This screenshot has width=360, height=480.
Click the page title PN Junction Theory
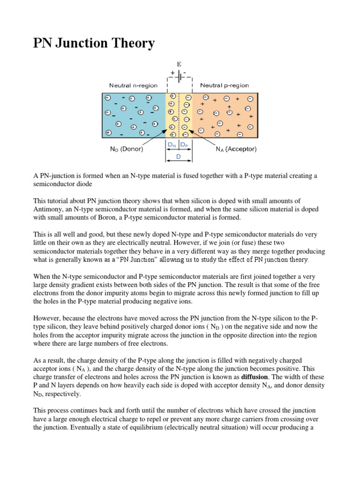pos(94,44)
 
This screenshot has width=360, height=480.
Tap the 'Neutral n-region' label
pos(133,86)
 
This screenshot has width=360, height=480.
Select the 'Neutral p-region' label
pos(225,86)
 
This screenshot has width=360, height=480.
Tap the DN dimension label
pos(172,145)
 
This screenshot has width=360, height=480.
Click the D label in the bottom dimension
pos(179,157)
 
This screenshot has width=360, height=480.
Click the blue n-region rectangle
pos(134,115)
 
